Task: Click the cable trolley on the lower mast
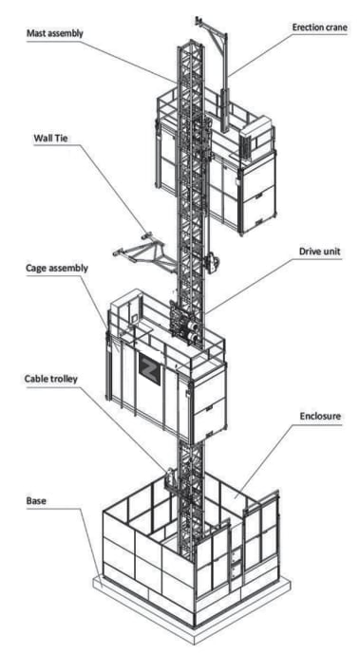(171, 475)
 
